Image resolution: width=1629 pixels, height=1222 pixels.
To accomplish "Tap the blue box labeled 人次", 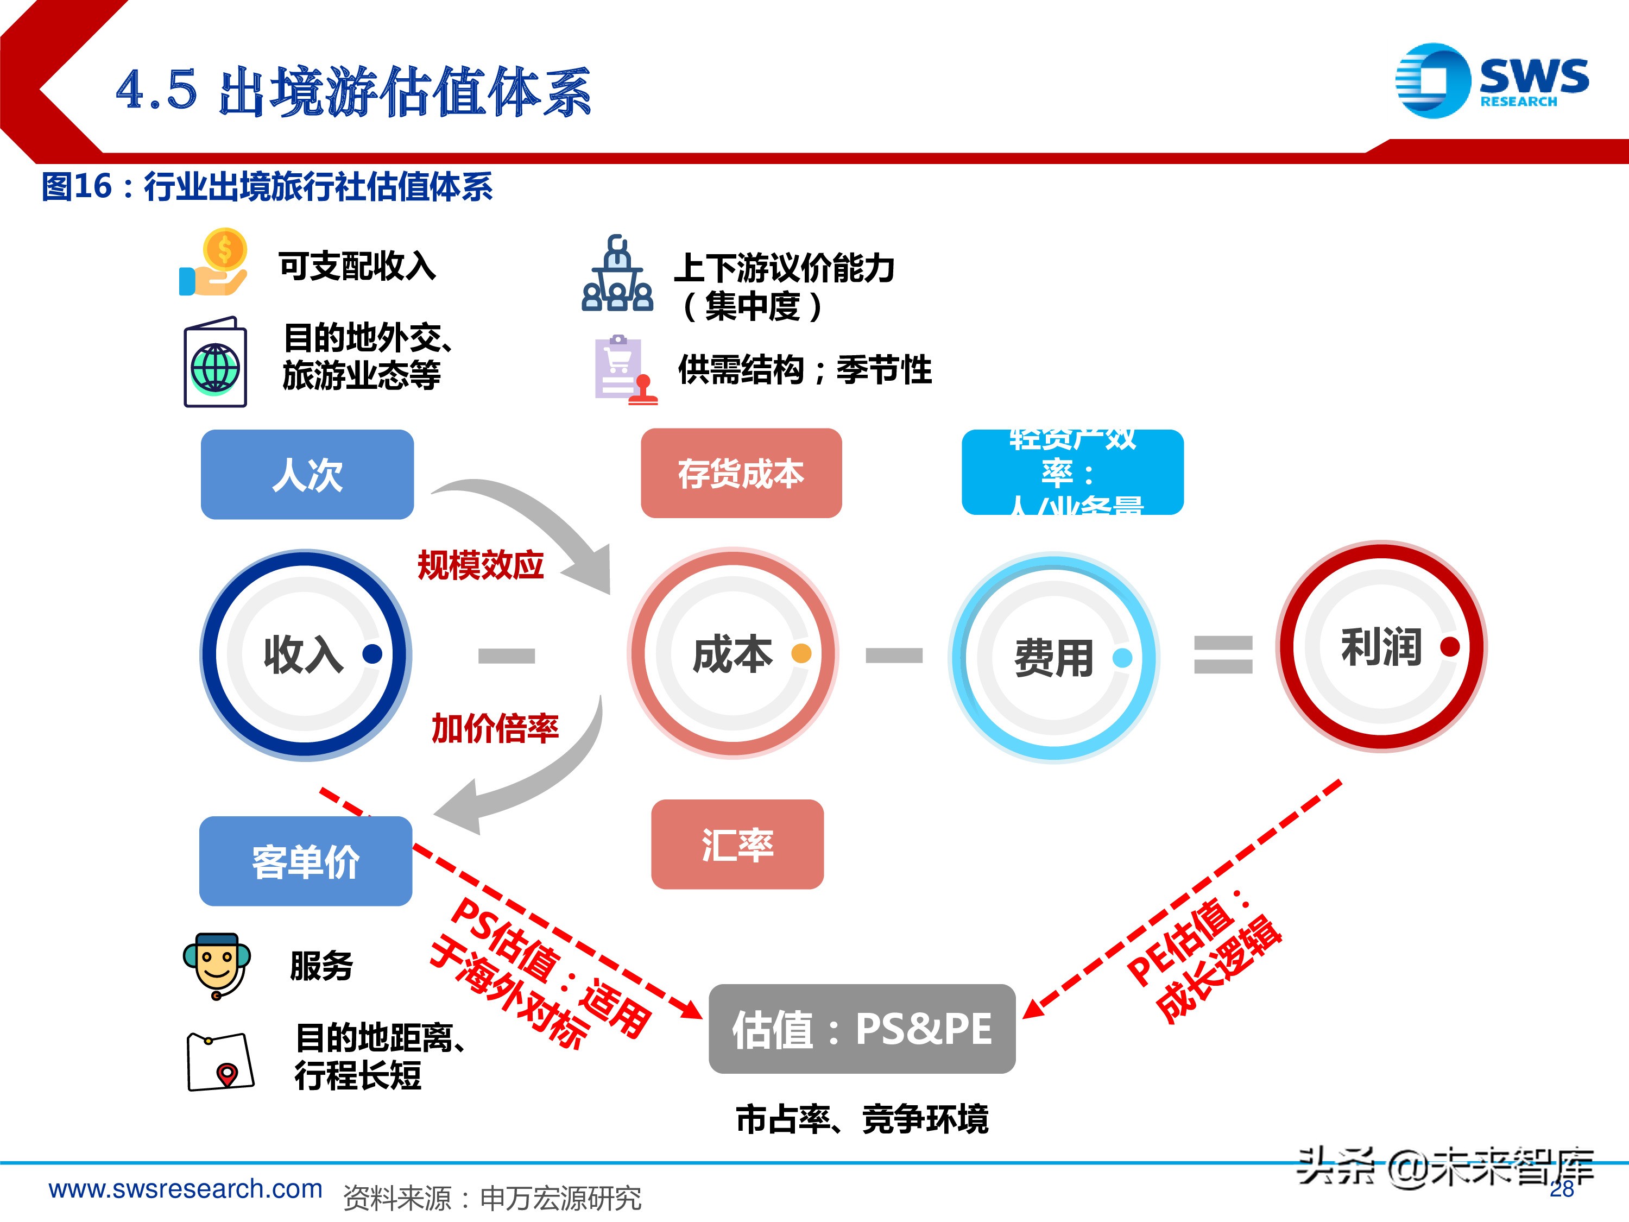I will [x=307, y=474].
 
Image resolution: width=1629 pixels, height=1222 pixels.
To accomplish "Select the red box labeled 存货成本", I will [x=741, y=473].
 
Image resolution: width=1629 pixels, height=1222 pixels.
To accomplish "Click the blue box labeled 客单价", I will [x=306, y=860].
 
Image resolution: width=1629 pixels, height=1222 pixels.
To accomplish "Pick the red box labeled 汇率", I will [x=737, y=844].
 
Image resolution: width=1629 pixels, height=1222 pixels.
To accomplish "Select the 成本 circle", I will [x=733, y=653].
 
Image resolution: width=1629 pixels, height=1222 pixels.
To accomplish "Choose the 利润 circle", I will [x=1381, y=647].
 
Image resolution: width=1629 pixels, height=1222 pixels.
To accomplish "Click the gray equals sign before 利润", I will [x=1222, y=654].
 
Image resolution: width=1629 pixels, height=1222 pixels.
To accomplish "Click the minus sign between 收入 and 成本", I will [x=507, y=655].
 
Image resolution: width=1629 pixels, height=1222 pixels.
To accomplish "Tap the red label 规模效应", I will [x=480, y=565].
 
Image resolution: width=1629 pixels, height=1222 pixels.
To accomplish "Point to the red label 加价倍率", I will [x=495, y=728].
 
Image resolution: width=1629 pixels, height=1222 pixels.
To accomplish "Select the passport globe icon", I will [x=215, y=362].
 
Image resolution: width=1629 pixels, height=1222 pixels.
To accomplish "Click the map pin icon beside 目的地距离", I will [x=220, y=1061].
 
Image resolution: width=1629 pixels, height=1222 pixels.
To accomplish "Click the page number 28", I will [x=1561, y=1189].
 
